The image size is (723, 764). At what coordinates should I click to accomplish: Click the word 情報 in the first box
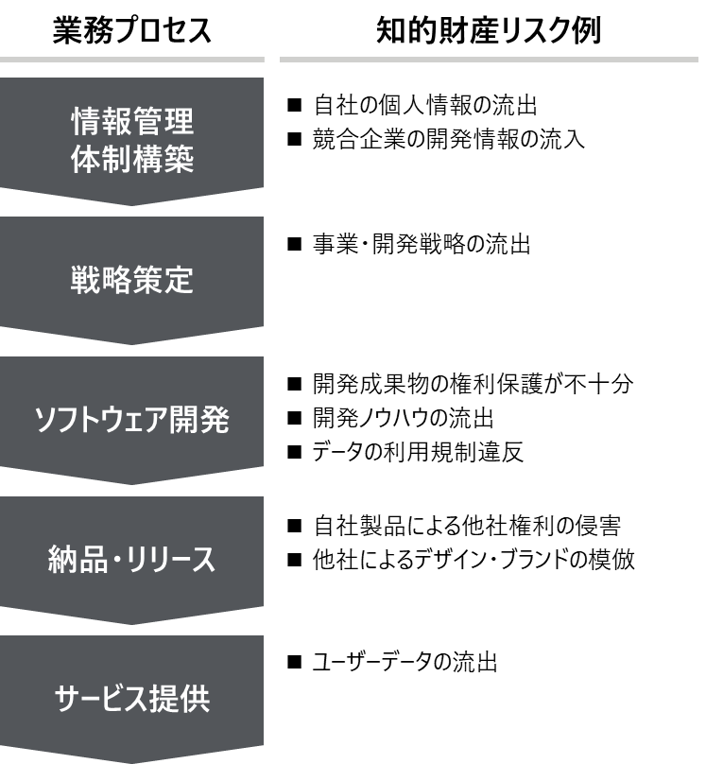(x=101, y=122)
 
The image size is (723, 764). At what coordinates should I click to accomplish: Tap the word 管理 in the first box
(x=163, y=122)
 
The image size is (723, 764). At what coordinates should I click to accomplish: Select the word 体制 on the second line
(x=101, y=159)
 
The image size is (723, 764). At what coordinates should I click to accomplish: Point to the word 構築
(x=163, y=159)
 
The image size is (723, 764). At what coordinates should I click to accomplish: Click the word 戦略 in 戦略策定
(x=101, y=281)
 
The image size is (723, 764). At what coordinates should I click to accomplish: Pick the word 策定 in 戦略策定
(x=163, y=281)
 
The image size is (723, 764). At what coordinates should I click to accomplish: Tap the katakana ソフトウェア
(x=100, y=421)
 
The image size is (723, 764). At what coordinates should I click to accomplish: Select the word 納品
(x=77, y=560)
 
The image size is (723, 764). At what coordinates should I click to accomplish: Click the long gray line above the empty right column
(x=489, y=60)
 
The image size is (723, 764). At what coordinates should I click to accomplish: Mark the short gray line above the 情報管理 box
(x=132, y=60)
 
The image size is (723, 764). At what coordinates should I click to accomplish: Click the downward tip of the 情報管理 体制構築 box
(x=132, y=202)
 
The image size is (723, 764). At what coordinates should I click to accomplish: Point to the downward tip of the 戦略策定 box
(x=132, y=342)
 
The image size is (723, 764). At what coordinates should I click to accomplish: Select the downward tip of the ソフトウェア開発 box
(x=132, y=482)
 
